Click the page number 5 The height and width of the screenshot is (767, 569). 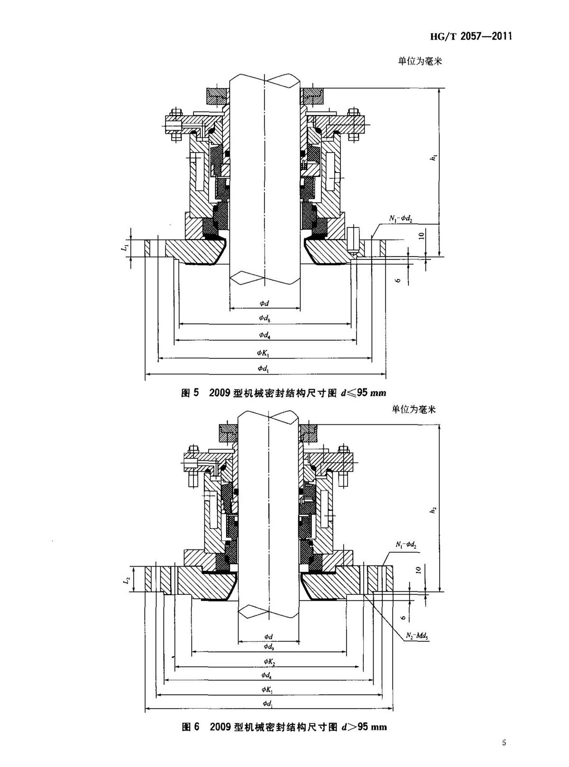(x=504, y=742)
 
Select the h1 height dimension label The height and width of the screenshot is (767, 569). (x=432, y=157)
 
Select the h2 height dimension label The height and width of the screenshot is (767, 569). (x=432, y=510)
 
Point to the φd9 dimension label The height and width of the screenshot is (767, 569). (x=268, y=647)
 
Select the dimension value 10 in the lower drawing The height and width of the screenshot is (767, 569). (x=418, y=570)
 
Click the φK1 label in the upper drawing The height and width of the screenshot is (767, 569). (x=264, y=353)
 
